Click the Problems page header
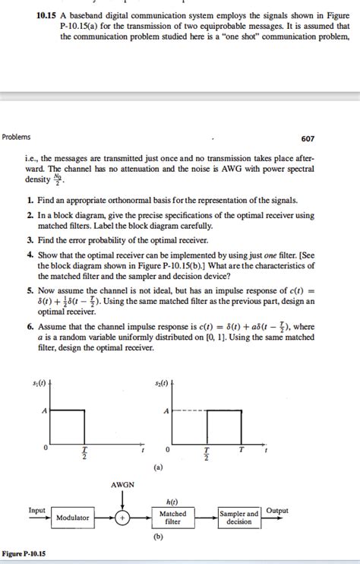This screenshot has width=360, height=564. (18, 138)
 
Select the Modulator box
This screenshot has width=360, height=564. (74, 517)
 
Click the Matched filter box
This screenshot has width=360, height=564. (174, 517)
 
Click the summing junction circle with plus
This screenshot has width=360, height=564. (122, 517)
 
